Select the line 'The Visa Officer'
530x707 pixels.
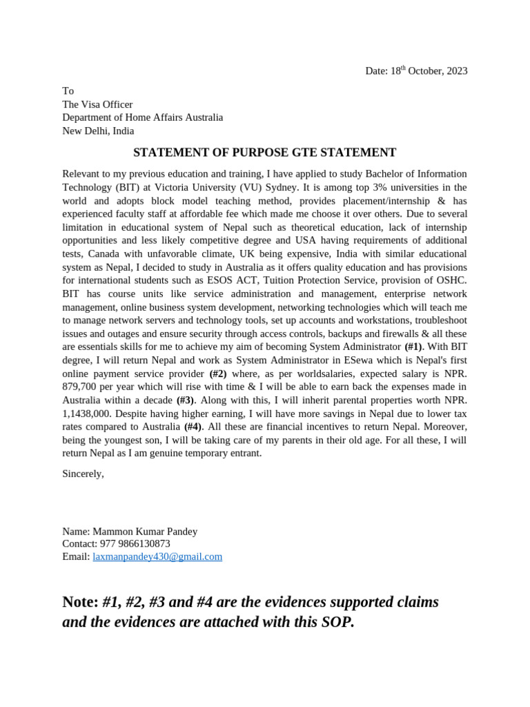pos(97,104)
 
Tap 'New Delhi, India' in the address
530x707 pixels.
pos(98,130)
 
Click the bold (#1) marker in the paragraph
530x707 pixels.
pos(413,347)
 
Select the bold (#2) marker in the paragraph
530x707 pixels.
pos(223,374)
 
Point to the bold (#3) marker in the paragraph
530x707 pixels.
pos(186,400)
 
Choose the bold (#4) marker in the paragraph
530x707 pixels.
pos(193,427)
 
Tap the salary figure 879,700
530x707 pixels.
pos(81,387)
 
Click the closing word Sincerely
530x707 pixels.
pos(83,474)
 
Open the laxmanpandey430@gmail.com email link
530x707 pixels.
pos(157,556)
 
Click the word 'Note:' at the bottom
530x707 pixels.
pos(81,602)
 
